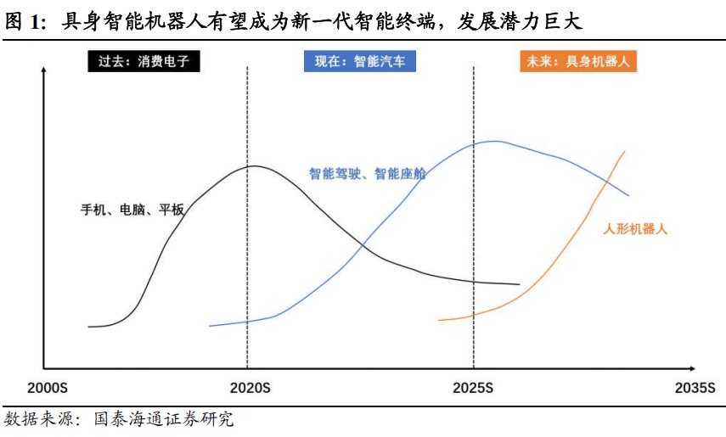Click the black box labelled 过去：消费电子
pos(144,62)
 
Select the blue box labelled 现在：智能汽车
pos(360,62)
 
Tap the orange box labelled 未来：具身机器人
pos(577,62)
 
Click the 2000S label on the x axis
pos(47,389)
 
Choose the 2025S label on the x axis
pos(473,389)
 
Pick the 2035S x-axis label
pos(695,389)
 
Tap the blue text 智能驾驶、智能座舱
pos(367,174)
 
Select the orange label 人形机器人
pos(635,229)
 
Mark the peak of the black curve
pos(252,165)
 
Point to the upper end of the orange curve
pos(625,152)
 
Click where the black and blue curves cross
pos(363,247)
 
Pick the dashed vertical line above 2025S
pos(473,212)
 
